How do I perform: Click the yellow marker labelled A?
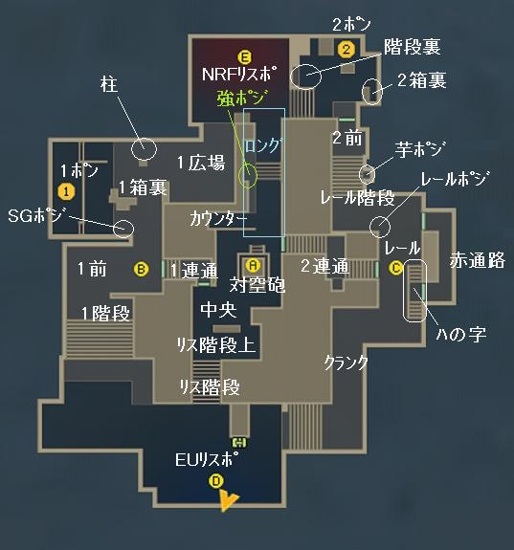253,265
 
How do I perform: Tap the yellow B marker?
141,269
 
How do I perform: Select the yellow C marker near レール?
396,268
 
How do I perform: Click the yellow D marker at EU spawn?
216,480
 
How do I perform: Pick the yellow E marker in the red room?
244,56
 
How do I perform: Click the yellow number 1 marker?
66,191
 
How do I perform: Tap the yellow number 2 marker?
346,49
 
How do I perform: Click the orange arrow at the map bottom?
227,500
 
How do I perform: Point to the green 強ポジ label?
242,98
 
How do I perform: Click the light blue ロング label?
263,145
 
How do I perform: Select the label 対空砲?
257,285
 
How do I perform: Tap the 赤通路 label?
478,260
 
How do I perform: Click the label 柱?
109,84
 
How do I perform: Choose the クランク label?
346,363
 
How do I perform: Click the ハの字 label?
461,334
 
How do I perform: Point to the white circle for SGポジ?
123,229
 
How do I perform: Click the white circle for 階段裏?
305,77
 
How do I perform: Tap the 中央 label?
218,310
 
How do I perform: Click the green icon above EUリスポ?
240,443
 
